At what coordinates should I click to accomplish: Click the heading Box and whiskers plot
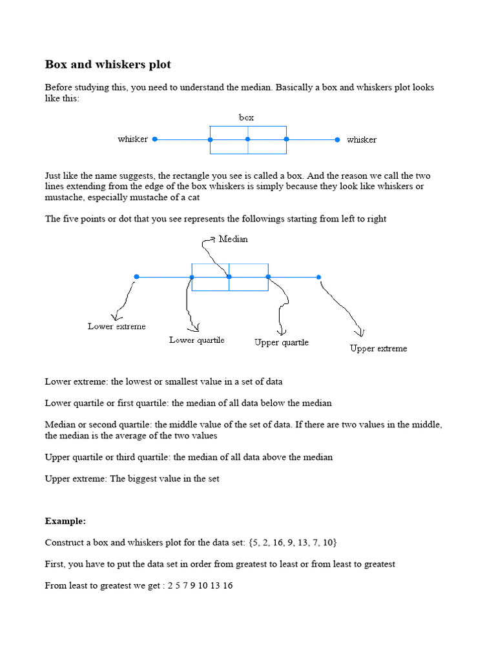108,65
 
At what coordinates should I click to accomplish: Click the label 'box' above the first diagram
246,117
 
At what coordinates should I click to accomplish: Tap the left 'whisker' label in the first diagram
132,139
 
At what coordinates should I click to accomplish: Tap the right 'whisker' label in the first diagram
362,139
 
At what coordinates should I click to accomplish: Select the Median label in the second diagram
233,239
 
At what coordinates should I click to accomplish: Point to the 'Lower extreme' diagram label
117,327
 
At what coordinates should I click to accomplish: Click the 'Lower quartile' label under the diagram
197,340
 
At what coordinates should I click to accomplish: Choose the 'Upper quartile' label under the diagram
282,343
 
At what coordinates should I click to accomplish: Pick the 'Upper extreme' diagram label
378,349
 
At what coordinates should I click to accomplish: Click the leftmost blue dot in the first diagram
155,139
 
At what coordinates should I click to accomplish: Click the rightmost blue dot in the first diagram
338,139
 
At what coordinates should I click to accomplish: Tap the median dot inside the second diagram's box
229,277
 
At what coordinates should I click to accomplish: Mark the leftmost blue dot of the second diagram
136,277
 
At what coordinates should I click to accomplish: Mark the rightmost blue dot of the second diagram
319,277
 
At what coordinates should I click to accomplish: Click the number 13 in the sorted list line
213,585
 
